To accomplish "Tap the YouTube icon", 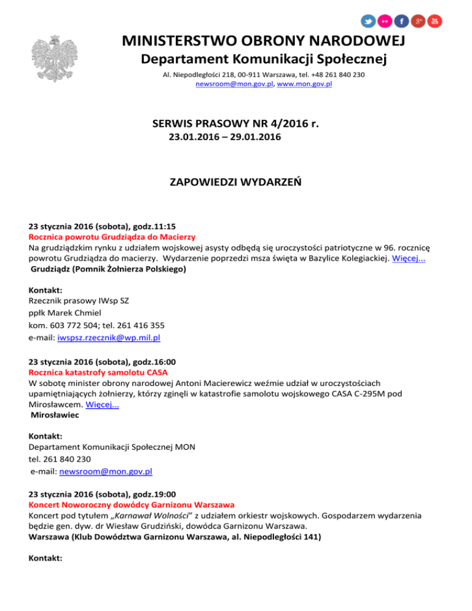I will click(x=435, y=21).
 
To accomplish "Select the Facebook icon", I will click(x=401, y=21).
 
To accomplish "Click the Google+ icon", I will click(x=418, y=21).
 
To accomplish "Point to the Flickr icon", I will click(x=385, y=21).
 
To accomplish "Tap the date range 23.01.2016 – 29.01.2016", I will click(x=225, y=138).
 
